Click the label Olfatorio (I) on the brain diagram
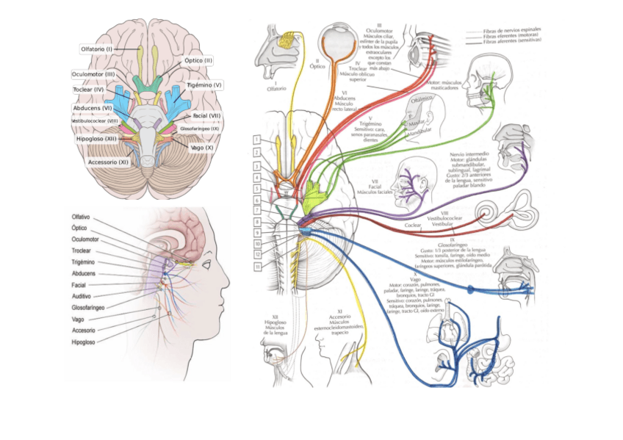point(97,49)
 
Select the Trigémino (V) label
point(204,85)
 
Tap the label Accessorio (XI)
point(109,162)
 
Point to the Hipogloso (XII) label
point(96,138)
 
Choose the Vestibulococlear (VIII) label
point(95,120)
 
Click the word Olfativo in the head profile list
point(81,217)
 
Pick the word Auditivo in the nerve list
point(81,296)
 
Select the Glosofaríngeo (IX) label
point(200,129)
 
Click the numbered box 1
point(255,139)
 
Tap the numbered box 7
point(255,210)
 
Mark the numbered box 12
point(255,254)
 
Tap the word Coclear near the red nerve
point(414,226)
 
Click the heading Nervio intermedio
point(471,155)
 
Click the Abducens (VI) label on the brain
point(93,107)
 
